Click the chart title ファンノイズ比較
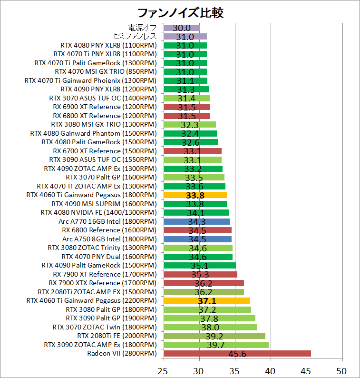click(x=180, y=12)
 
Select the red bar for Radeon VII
click(x=237, y=353)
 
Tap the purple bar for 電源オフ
click(x=181, y=28)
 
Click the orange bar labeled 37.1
click(x=206, y=300)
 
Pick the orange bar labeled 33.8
click(x=195, y=195)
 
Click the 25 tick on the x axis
click(x=164, y=370)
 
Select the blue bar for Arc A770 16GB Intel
click(x=196, y=221)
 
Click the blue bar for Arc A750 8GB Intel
click(x=197, y=239)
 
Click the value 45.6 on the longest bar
click(x=237, y=354)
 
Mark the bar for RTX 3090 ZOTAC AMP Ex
click(x=216, y=345)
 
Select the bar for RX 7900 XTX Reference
click(x=204, y=283)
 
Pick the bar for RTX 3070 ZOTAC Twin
click(x=210, y=327)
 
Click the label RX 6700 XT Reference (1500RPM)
click(x=105, y=151)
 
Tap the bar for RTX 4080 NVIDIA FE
click(x=196, y=212)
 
